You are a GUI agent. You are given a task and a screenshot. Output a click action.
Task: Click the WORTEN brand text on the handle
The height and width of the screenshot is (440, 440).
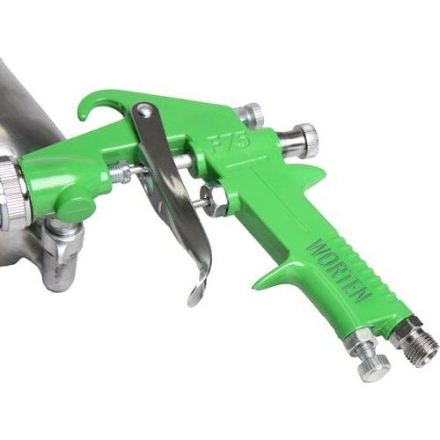pos(340,269)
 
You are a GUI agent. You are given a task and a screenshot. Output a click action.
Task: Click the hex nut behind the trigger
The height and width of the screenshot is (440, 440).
pos(214,199)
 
